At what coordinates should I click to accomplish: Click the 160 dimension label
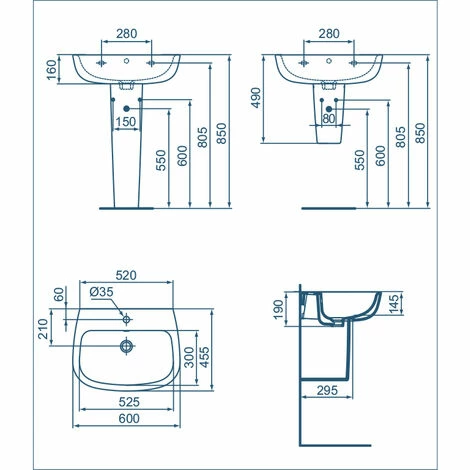[52, 70]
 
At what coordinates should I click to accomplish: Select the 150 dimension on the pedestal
[126, 122]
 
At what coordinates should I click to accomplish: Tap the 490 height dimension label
[256, 98]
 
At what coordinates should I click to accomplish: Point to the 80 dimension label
[329, 118]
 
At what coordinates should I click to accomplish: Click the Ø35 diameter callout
[102, 292]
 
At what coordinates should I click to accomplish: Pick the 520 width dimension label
[126, 275]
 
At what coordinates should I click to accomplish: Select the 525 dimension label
[129, 402]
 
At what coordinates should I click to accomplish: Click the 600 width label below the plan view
[129, 418]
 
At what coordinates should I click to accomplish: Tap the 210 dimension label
[43, 329]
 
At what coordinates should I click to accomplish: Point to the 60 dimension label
[59, 294]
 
